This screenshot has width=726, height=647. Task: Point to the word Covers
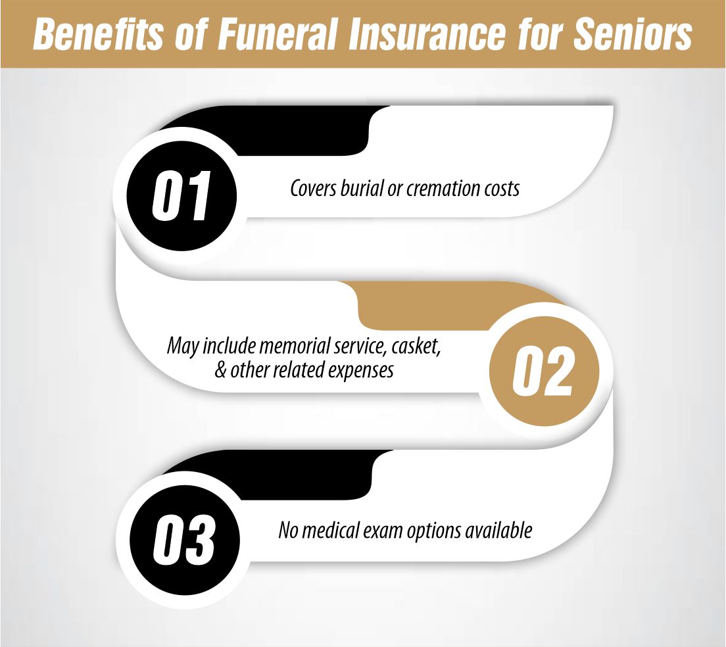tap(312, 189)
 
